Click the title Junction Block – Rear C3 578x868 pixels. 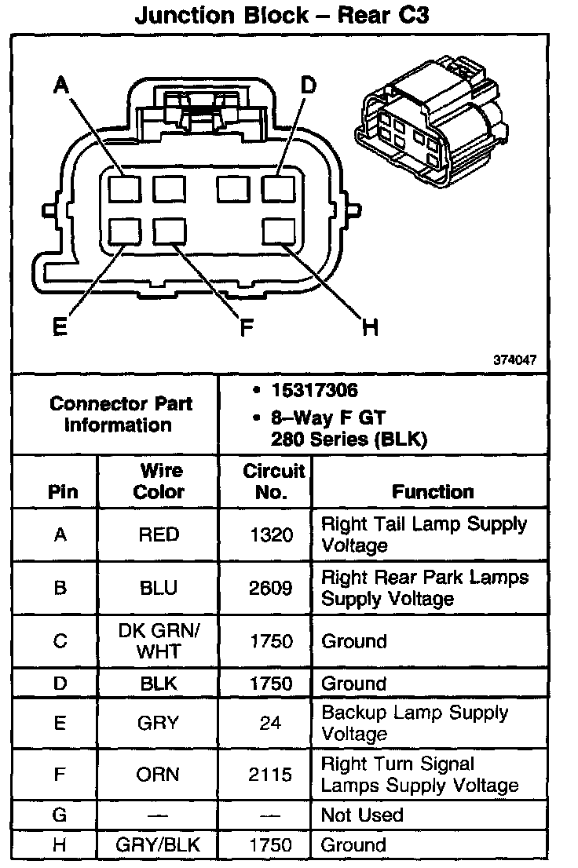[282, 16]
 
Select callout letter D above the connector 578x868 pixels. [309, 84]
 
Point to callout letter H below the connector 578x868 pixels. [370, 326]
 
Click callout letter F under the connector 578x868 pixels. [247, 326]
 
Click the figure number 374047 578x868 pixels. [515, 361]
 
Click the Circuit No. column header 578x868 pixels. [273, 481]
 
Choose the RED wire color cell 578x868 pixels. [159, 534]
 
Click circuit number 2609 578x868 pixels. [270, 588]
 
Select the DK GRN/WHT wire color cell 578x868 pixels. [159, 641]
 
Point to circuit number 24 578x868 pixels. [270, 723]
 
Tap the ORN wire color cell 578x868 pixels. [159, 775]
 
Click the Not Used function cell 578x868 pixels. [362, 815]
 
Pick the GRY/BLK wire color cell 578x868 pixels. [159, 845]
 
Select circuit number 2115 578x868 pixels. [270, 775]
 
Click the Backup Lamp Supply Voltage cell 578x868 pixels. [415, 723]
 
